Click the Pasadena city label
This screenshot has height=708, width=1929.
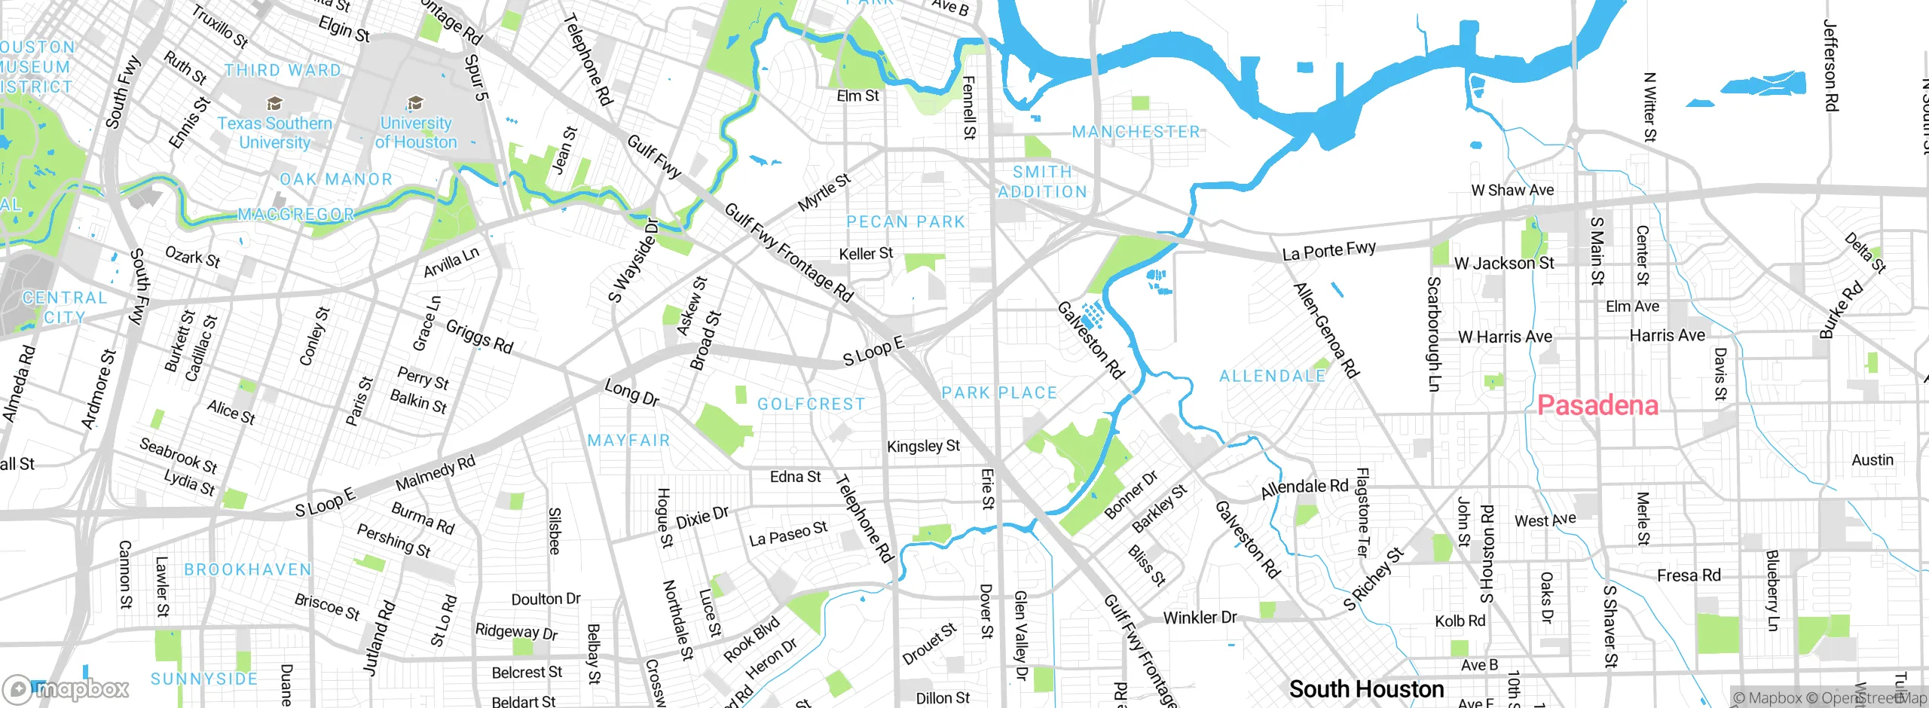tap(1597, 406)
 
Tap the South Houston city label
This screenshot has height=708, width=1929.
tap(1366, 689)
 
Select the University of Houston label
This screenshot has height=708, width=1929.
tap(416, 133)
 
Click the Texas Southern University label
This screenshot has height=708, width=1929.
tap(274, 133)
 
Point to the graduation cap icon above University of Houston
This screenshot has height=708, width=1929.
tap(414, 102)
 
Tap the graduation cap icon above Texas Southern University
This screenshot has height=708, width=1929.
tap(274, 103)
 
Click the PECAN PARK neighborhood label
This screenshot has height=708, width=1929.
tap(905, 222)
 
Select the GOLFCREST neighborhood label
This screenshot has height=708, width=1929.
tap(811, 404)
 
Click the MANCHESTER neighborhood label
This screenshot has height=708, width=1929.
tap(1136, 133)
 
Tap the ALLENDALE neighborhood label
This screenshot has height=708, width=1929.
tap(1272, 376)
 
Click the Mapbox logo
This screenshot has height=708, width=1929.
tap(66, 688)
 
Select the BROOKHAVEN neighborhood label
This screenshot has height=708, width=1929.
tap(248, 570)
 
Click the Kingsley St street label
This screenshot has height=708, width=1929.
tap(923, 446)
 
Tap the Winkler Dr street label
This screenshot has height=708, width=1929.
tap(1200, 618)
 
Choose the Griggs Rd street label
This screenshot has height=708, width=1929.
tap(479, 337)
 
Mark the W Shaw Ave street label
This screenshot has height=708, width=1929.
tap(1512, 191)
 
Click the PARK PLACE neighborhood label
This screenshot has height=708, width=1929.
tap(999, 393)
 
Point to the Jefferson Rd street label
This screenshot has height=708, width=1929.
tap(1830, 66)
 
